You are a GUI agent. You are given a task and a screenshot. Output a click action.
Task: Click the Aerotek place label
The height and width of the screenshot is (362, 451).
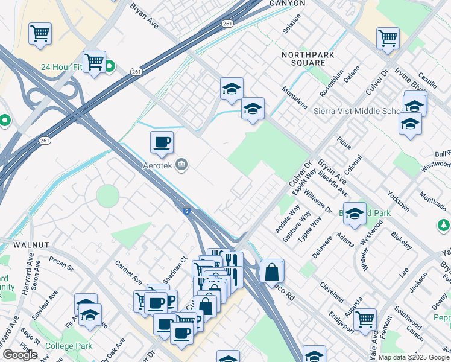pos(158,165)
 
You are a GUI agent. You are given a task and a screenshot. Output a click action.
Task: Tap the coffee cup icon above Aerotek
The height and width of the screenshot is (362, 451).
pos(162,143)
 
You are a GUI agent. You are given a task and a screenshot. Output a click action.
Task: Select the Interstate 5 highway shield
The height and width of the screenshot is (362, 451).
pos(188,211)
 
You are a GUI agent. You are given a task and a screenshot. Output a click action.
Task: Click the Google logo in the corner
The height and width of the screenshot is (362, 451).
pos(19,355)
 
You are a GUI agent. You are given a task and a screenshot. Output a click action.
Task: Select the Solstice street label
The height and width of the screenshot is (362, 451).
pos(292,31)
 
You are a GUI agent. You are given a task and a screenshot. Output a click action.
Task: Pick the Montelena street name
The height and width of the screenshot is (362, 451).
pos(296,98)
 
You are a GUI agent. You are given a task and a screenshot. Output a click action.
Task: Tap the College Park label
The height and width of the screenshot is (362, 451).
pos(68,347)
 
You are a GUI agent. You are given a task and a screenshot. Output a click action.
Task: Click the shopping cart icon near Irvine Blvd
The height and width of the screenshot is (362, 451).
pos(388,38)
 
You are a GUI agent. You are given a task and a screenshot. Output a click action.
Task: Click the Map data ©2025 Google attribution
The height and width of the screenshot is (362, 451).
pos(414,357)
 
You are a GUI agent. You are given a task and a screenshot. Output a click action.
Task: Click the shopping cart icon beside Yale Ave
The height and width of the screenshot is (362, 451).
pos(365,319)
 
